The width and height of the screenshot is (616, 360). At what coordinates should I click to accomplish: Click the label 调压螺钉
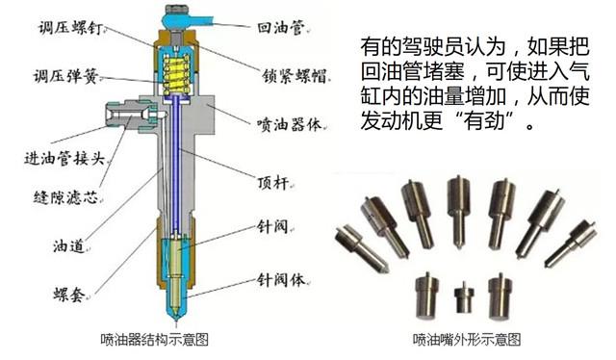click(70, 28)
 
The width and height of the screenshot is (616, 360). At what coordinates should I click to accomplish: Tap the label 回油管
click(280, 28)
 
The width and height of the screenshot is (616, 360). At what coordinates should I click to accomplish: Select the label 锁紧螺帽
click(295, 76)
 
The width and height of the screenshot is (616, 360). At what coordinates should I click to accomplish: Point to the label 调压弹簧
click(65, 76)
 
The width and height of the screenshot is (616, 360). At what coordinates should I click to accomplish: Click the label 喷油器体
click(289, 124)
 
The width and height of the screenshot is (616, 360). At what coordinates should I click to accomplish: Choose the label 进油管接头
click(64, 159)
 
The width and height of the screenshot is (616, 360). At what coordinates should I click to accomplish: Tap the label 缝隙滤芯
click(65, 197)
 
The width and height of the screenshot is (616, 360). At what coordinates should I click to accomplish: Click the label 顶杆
click(273, 183)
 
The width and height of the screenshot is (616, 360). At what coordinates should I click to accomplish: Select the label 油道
click(68, 246)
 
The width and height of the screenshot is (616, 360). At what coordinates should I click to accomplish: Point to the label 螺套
click(68, 294)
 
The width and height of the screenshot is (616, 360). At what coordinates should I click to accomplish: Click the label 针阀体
click(280, 280)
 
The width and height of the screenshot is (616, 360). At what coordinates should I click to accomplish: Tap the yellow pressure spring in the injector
click(177, 73)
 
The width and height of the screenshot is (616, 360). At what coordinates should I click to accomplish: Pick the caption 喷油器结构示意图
click(154, 339)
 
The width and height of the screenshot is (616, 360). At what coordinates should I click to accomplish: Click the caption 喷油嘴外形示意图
click(466, 339)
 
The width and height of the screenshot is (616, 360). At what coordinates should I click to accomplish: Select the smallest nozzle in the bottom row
click(464, 296)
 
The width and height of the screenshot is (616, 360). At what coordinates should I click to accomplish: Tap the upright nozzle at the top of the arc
click(458, 211)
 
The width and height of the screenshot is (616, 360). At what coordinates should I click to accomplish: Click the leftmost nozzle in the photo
click(361, 247)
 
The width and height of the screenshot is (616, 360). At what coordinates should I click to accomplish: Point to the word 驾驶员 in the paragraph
click(433, 47)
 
